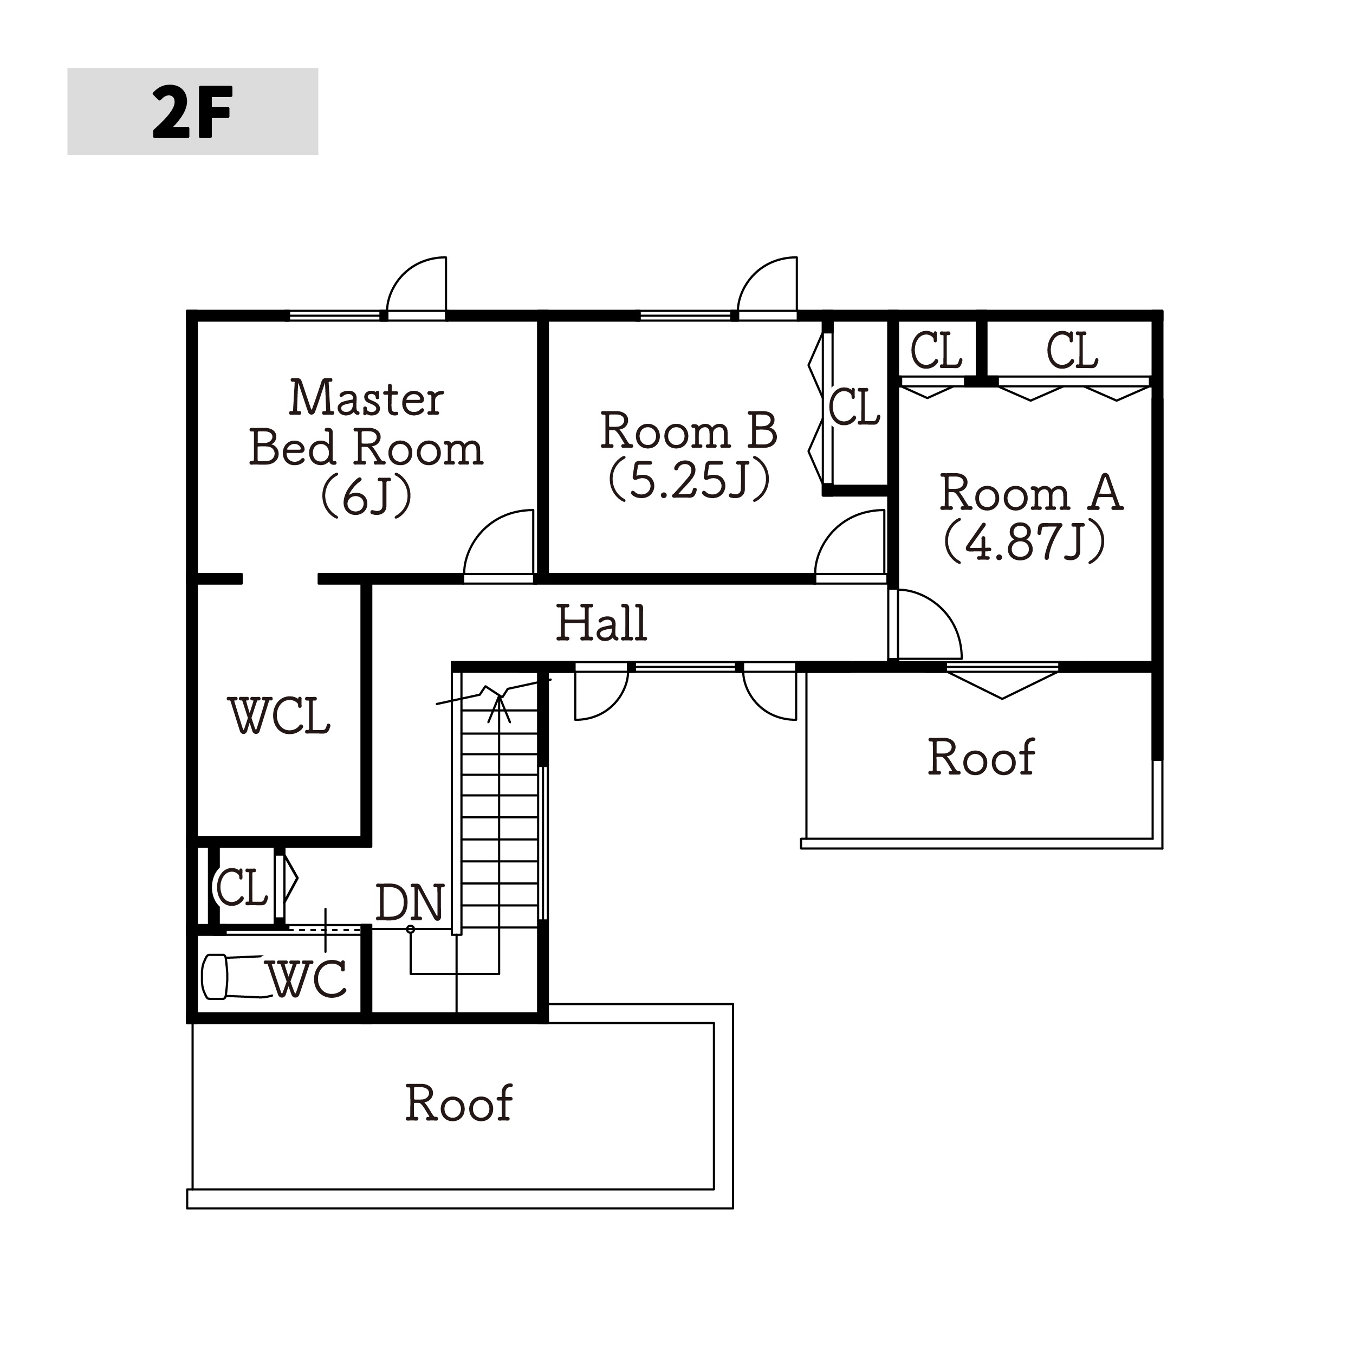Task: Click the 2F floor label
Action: tap(192, 112)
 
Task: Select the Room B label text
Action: tap(689, 430)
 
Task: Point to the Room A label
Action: tap(1031, 493)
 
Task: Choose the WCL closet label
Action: tap(279, 716)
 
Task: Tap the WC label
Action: tap(308, 979)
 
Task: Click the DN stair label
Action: tap(410, 902)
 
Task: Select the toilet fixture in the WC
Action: tap(232, 976)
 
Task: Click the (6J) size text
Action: tap(366, 497)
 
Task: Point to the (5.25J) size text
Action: tap(690, 480)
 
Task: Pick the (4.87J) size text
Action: tap(1025, 541)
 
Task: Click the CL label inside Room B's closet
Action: tap(854, 407)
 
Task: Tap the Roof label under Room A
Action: tap(981, 757)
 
